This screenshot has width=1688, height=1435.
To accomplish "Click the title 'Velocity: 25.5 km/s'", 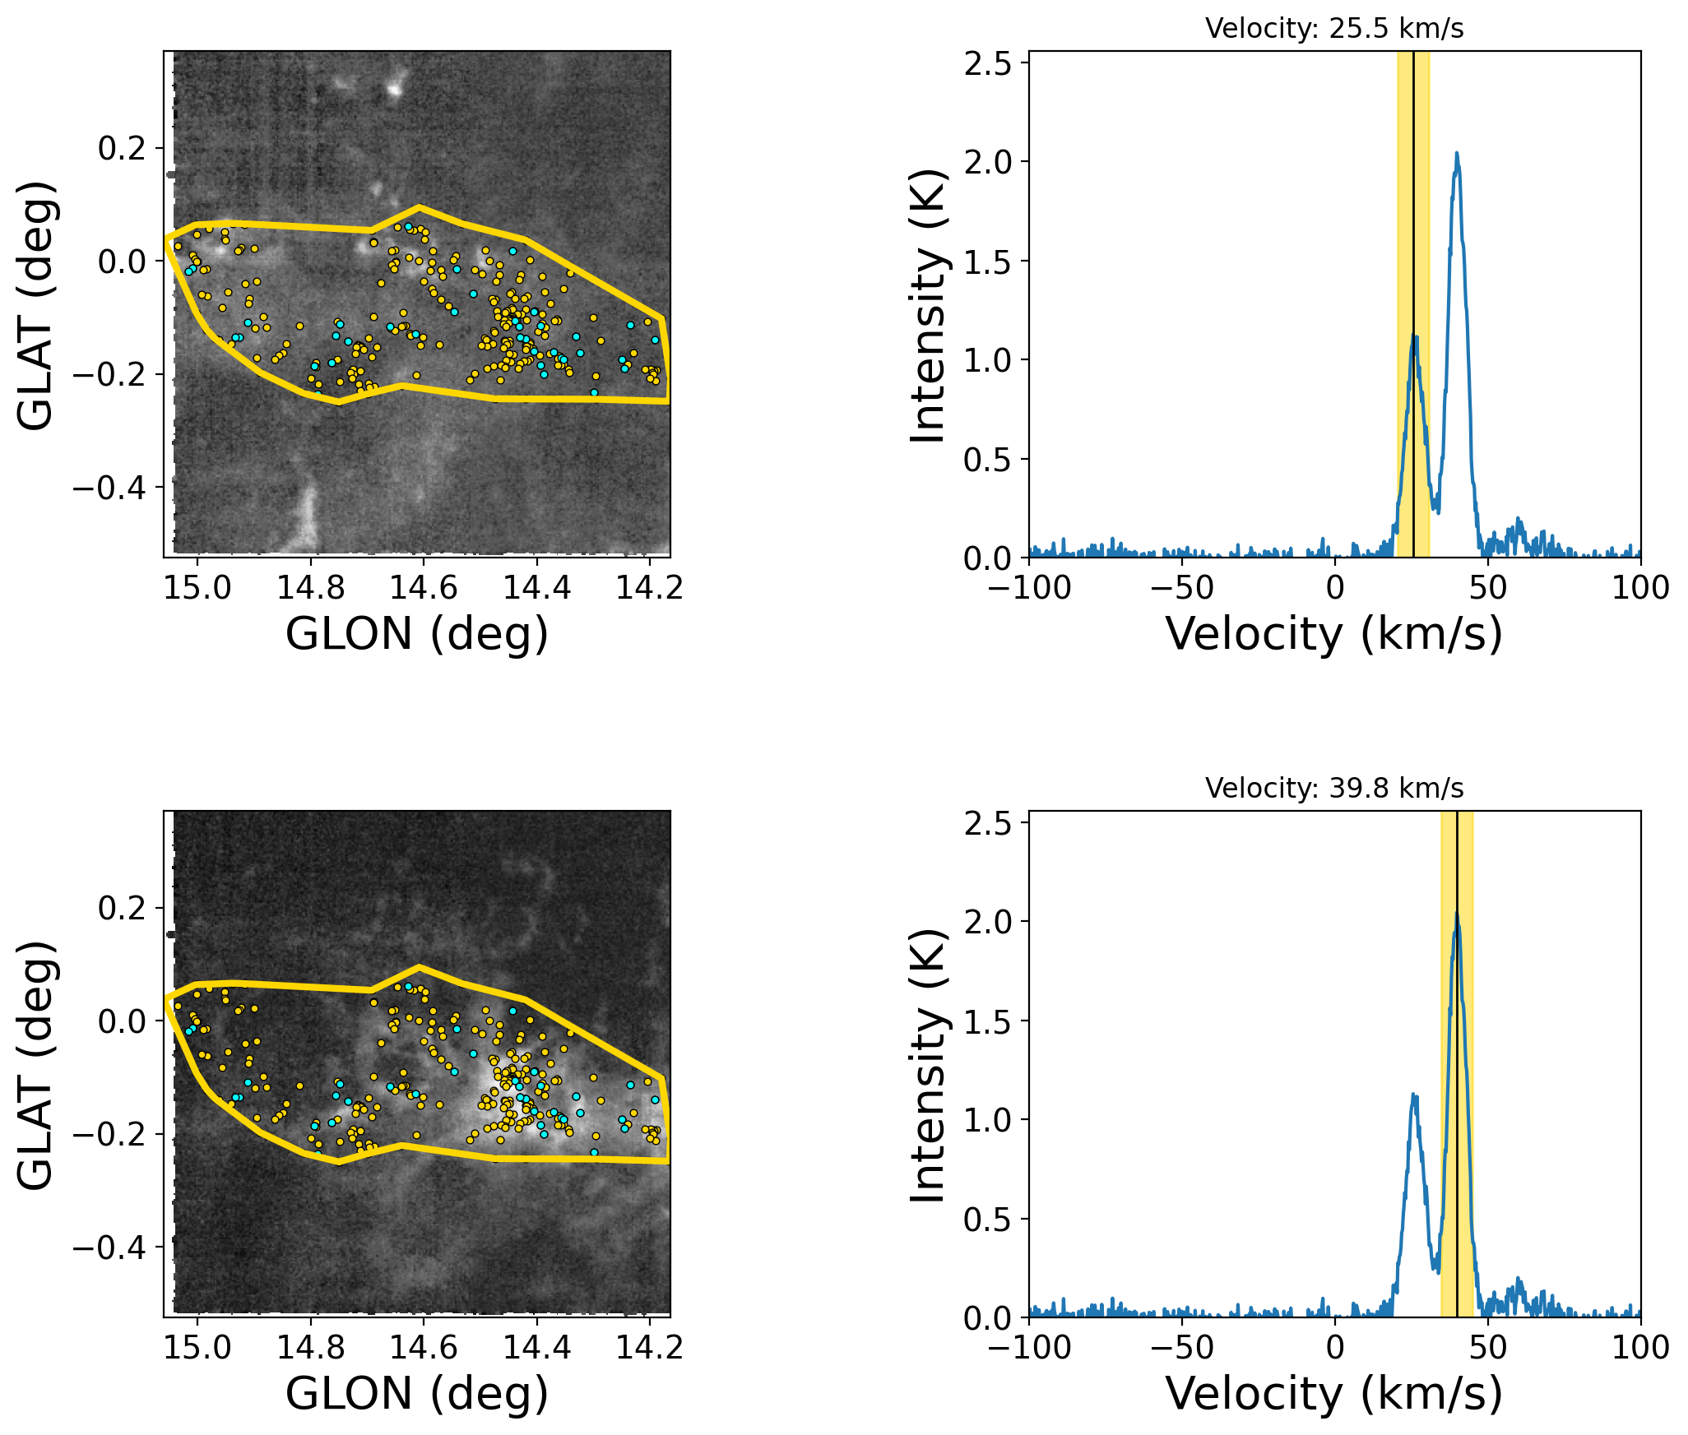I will click(1334, 29).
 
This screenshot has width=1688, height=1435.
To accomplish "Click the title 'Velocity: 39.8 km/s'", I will click(1334, 789).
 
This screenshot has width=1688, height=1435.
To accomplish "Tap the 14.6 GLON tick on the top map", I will click(424, 587).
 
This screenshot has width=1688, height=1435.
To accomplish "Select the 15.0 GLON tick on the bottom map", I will click(197, 1347).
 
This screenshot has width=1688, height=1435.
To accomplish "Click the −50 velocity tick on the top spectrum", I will click(1182, 587).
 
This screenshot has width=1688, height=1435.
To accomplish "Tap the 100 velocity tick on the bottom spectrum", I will click(1641, 1347).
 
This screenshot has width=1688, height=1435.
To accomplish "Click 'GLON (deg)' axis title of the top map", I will click(417, 634).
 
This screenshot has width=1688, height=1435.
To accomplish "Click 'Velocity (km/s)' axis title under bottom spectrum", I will click(1334, 1394).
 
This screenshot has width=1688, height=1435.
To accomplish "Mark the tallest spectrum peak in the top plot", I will click(1457, 154).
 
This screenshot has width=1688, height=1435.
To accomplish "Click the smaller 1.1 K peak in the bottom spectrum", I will click(1414, 1095).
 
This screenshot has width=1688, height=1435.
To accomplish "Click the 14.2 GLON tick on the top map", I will click(650, 587).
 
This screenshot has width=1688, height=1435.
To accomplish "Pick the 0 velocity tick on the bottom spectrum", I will click(1335, 1347).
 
